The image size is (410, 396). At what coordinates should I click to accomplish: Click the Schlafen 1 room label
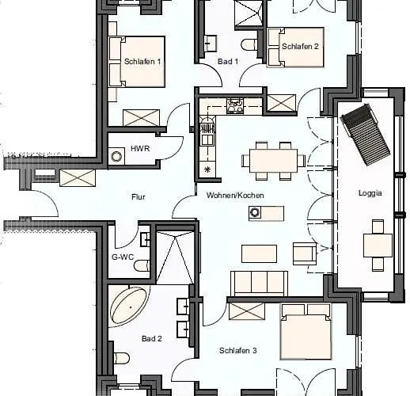click(142, 61)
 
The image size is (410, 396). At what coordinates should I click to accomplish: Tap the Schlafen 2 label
click(300, 47)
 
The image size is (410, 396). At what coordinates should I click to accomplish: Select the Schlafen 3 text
click(237, 349)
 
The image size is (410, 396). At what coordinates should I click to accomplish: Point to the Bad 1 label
click(228, 61)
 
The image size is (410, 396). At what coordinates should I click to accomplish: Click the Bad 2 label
click(152, 338)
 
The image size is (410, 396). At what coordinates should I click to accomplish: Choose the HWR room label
click(140, 148)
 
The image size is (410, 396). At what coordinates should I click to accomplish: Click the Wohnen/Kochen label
click(235, 195)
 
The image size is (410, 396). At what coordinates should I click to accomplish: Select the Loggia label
click(370, 192)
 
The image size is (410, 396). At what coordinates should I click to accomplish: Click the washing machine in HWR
click(118, 157)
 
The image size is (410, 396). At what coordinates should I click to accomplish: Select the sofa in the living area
click(258, 283)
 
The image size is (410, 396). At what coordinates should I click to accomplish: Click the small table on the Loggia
click(378, 246)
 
